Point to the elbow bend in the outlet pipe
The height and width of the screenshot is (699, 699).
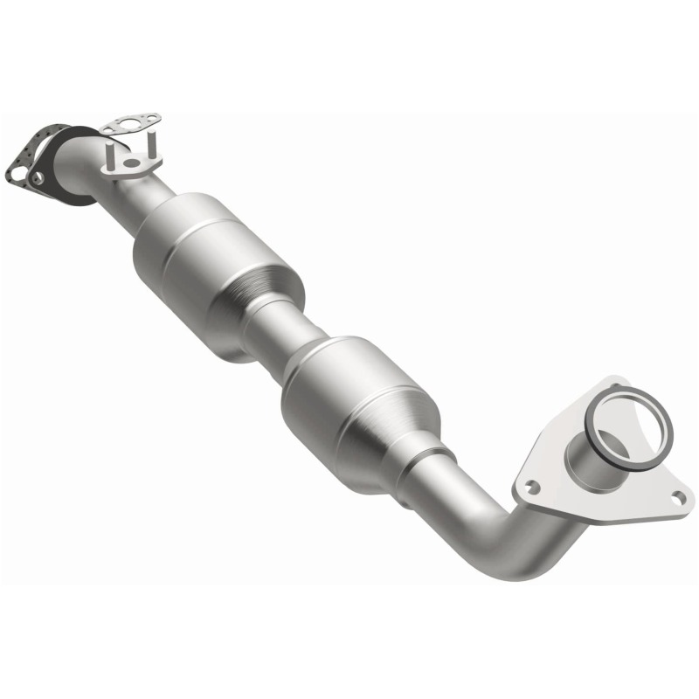point(516,550)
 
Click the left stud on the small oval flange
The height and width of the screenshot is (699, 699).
point(111,156)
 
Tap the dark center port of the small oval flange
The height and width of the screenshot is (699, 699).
point(130,163)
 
